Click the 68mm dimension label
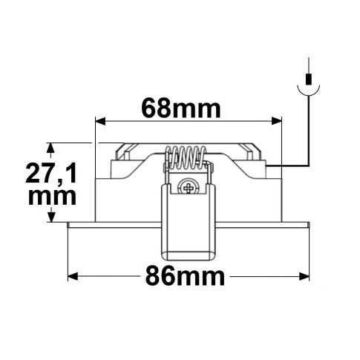181,109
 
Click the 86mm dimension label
182,278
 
